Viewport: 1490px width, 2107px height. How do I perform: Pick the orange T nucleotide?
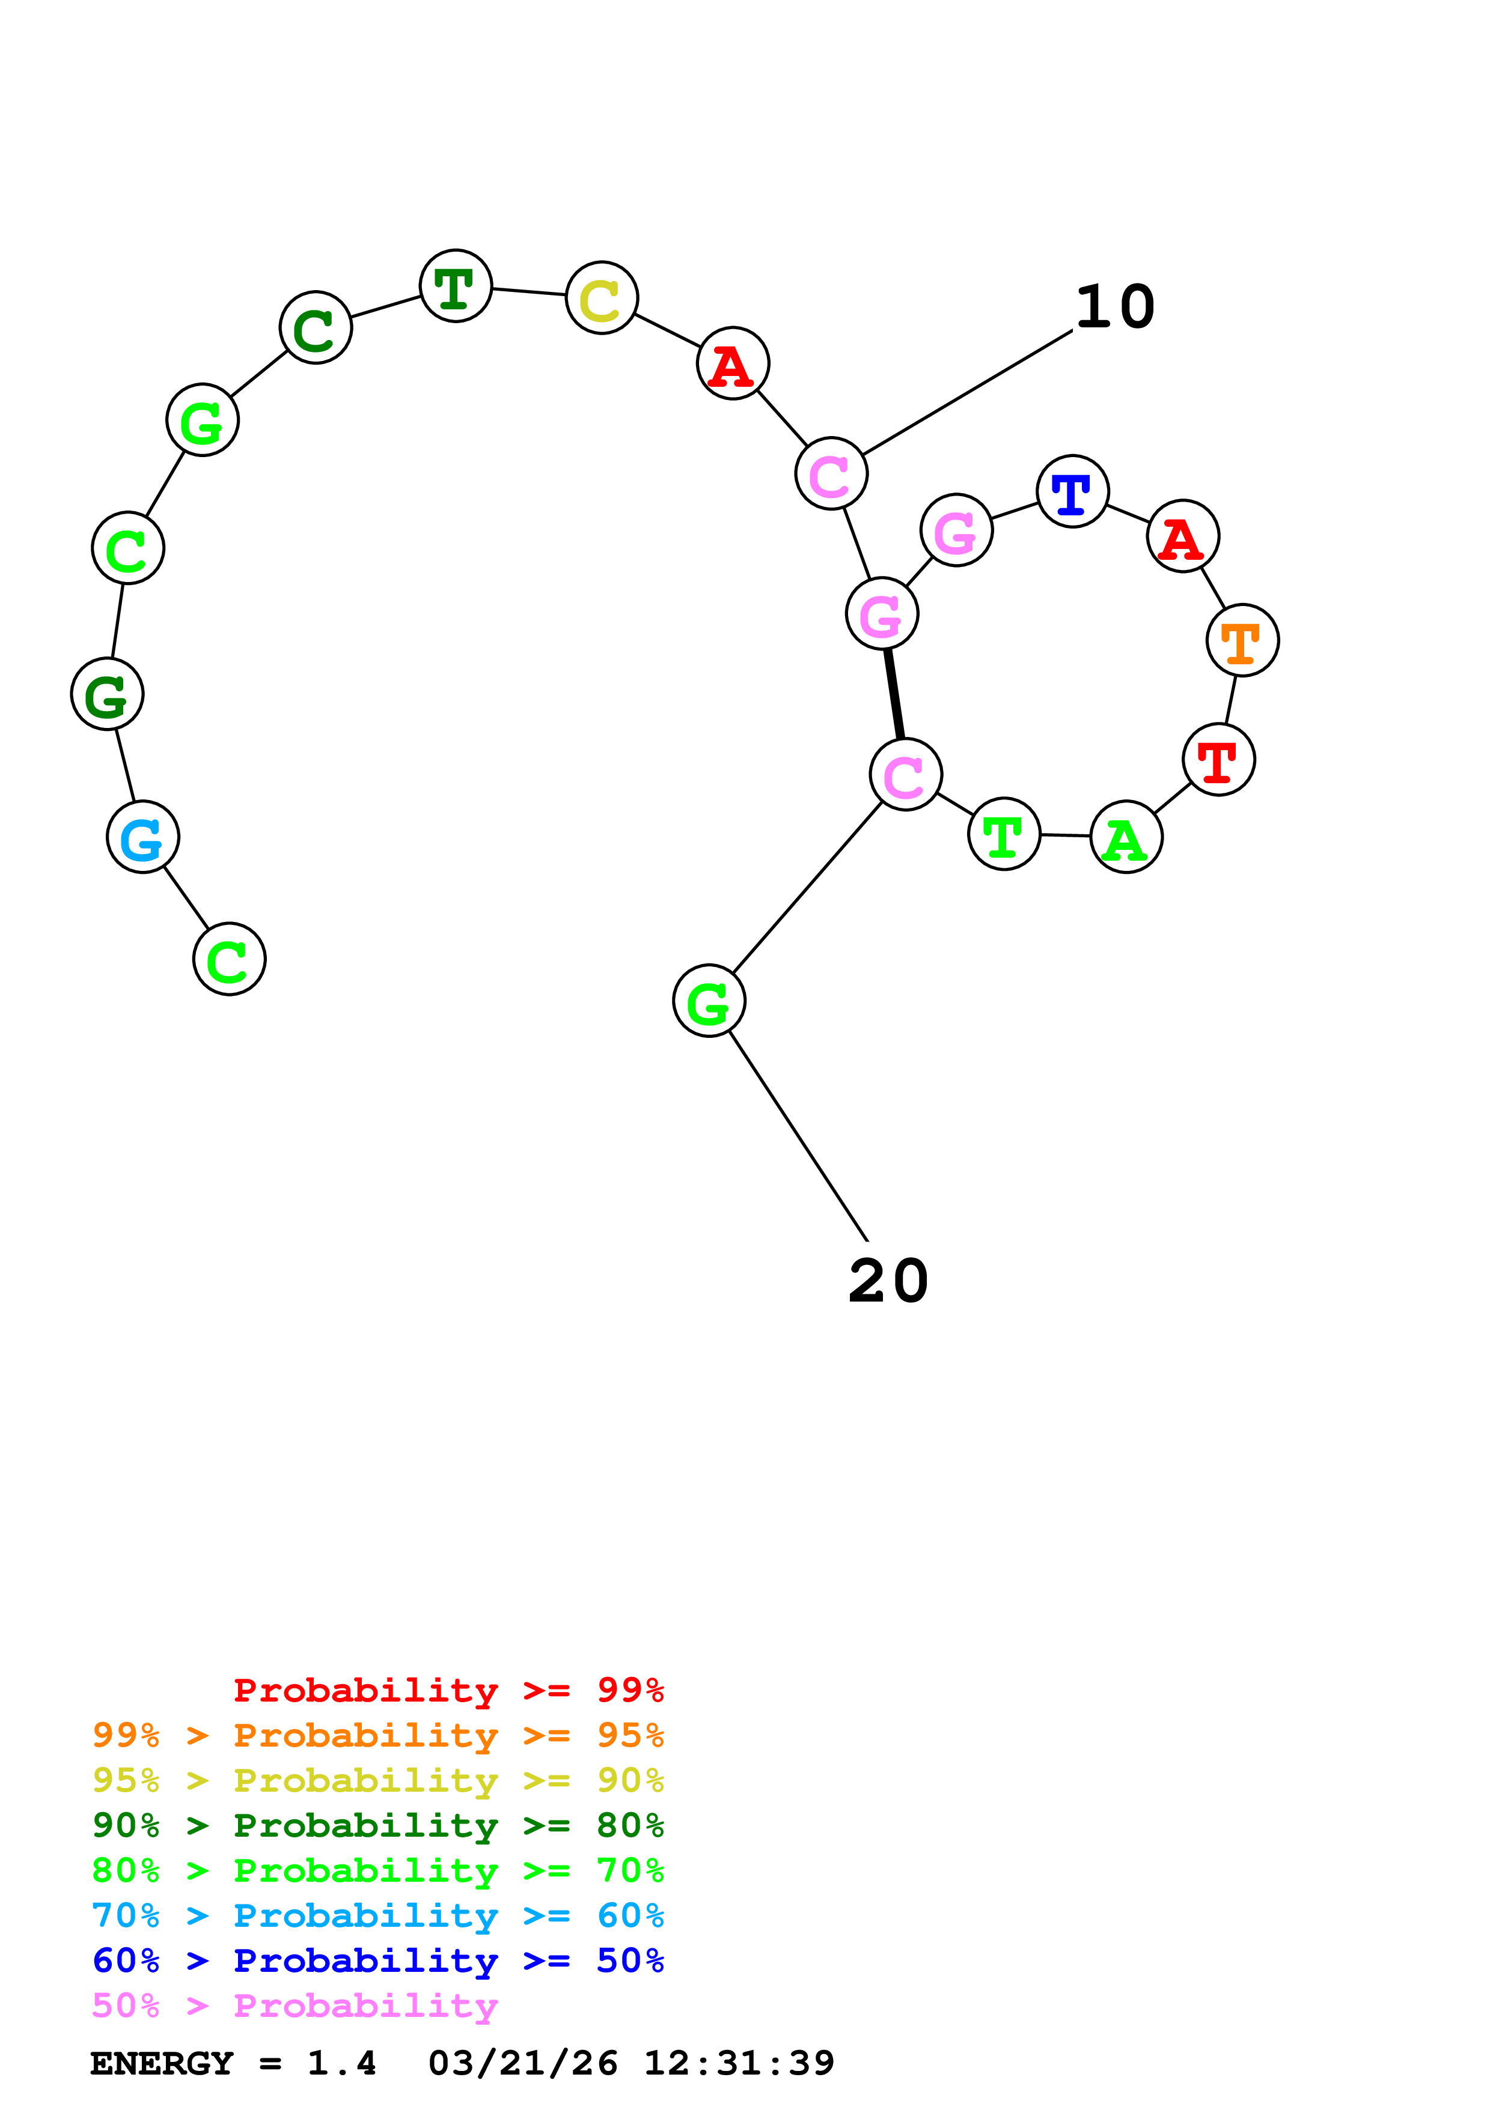[1242, 640]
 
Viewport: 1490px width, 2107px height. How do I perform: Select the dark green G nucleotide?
[108, 695]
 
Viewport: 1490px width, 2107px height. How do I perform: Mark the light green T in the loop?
[1004, 834]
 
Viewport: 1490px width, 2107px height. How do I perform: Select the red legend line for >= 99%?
[448, 1690]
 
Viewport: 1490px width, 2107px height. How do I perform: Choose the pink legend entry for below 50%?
[295, 2006]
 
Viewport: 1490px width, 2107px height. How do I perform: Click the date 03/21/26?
[522, 2064]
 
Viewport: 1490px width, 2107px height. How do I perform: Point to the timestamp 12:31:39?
[739, 2064]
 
